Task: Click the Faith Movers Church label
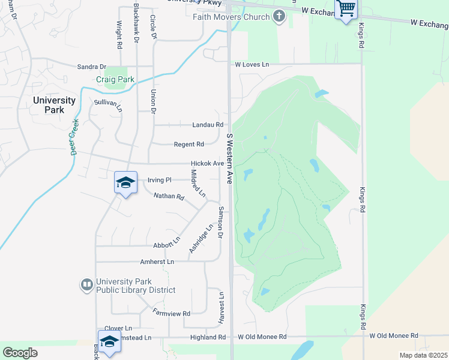[x=231, y=17]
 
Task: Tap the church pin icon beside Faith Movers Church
[x=279, y=16]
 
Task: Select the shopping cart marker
[x=346, y=10]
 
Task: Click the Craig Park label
[x=115, y=80]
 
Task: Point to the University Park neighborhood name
[x=55, y=106]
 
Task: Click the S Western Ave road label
[x=229, y=158]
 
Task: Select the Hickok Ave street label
[x=207, y=163]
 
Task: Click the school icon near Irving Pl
[x=125, y=182]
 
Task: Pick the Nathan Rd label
[x=169, y=196]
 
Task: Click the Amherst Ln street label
[x=157, y=262]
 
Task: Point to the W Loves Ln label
[x=252, y=64]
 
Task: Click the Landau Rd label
[x=208, y=125]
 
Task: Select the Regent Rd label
[x=189, y=144]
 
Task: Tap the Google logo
[x=20, y=353]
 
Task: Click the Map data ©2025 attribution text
[x=423, y=355]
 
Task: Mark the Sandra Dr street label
[x=91, y=67]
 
